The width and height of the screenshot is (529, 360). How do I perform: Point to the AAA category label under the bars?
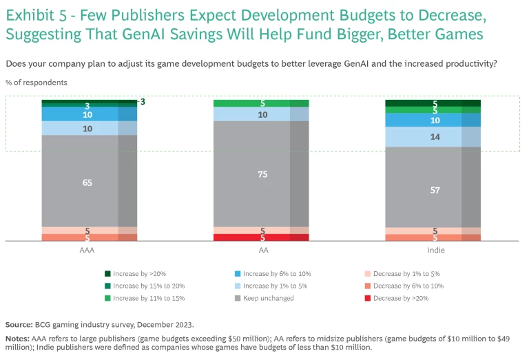(87, 251)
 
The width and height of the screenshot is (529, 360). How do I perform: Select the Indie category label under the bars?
(434, 251)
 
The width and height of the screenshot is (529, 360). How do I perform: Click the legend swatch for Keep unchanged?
(237, 299)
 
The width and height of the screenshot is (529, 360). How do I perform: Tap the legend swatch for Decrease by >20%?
(367, 299)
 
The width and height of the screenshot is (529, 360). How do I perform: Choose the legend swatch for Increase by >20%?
(108, 273)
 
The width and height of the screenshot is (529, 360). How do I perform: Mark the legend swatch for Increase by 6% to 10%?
(237, 273)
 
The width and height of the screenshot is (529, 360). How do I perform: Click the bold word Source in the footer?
(19, 324)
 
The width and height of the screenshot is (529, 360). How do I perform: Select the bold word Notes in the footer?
(17, 339)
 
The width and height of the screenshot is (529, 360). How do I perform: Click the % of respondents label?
(37, 83)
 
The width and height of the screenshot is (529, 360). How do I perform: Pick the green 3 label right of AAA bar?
(143, 102)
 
